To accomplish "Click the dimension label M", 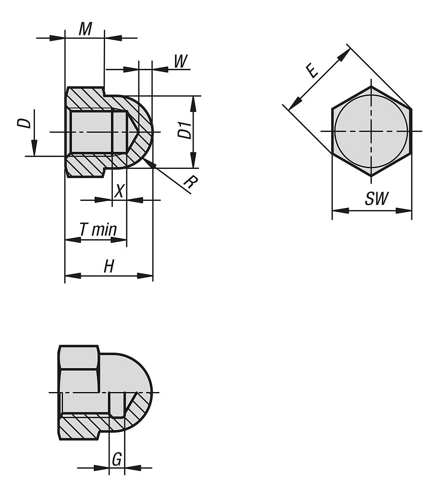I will (x=85, y=29).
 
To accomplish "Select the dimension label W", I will (x=180, y=62).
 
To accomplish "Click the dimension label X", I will (x=118, y=191).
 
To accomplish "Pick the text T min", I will (x=98, y=230).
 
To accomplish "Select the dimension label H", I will (x=108, y=267).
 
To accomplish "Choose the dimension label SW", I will (x=376, y=199).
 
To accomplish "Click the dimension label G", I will (x=117, y=460).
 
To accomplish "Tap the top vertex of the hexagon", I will (x=371, y=86).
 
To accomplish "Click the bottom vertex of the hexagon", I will (x=371, y=176).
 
